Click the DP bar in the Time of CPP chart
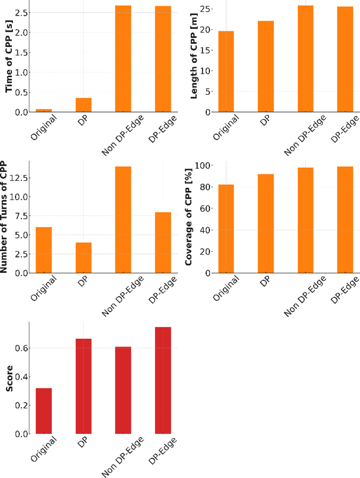83,105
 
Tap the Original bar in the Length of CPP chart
226,71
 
